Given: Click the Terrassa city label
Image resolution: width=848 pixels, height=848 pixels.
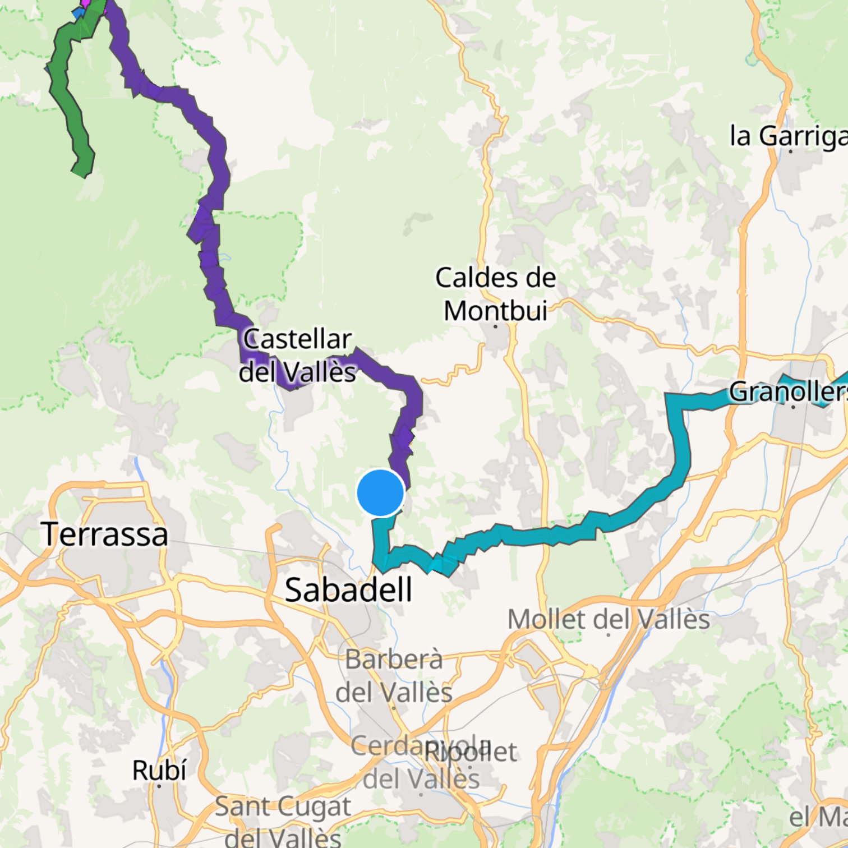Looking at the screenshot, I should (x=104, y=534).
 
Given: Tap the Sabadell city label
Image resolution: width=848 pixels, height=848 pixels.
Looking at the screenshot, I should (x=348, y=589).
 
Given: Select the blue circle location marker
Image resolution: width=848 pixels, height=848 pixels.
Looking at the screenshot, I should (x=380, y=492).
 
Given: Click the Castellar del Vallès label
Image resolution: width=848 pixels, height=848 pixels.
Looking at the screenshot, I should (x=297, y=356).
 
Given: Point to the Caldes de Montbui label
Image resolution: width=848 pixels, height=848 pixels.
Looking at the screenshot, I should (x=496, y=294).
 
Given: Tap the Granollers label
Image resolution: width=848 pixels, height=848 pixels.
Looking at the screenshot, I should (x=788, y=391).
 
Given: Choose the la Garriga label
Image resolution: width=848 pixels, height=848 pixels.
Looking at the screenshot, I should (x=788, y=136).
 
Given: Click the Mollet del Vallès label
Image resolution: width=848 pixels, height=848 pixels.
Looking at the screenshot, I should (x=609, y=619).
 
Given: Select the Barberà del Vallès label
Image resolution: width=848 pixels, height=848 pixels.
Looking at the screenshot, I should (x=394, y=675).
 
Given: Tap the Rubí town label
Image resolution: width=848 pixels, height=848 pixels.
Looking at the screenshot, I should (x=159, y=770).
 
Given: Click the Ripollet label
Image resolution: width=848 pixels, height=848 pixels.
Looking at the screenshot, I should (x=471, y=752).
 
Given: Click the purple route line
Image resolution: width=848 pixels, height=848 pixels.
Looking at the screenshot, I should (x=216, y=168).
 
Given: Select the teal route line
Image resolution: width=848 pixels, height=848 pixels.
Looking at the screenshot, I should (x=679, y=449).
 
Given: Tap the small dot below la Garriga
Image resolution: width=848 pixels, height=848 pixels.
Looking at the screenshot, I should (x=790, y=151).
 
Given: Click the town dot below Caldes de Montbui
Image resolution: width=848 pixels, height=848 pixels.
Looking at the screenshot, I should (x=495, y=326).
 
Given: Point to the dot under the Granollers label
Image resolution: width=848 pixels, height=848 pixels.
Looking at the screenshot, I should (x=793, y=407).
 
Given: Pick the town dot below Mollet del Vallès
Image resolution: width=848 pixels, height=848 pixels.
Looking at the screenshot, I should (x=610, y=635).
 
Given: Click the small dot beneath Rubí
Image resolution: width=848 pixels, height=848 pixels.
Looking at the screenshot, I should (x=159, y=786).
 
